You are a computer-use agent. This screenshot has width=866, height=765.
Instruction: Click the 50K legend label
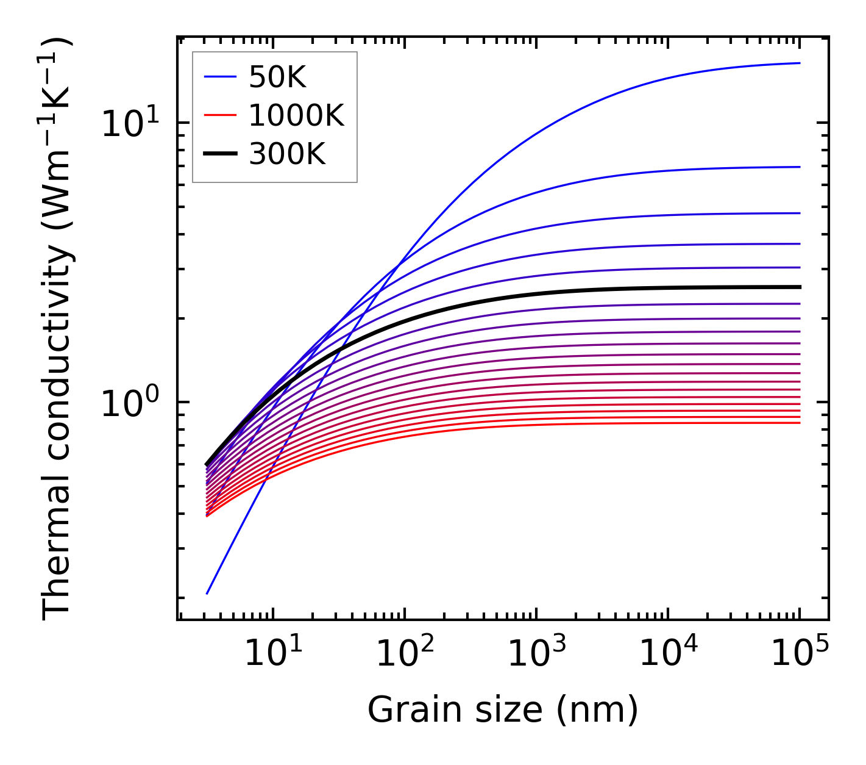click(277, 77)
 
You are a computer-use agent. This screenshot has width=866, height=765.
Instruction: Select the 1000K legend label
click(296, 116)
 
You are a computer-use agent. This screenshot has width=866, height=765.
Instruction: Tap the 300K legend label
click(287, 155)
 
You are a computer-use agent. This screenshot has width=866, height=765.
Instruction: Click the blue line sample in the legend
click(219, 77)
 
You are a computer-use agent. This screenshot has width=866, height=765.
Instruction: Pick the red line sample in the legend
click(219, 116)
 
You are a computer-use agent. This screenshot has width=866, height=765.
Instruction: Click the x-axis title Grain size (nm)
click(503, 710)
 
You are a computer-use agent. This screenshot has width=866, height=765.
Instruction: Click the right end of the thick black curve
click(799, 287)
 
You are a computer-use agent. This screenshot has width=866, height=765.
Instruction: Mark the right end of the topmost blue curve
click(799, 63)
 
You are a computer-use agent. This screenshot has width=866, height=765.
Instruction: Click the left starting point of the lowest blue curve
click(207, 593)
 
